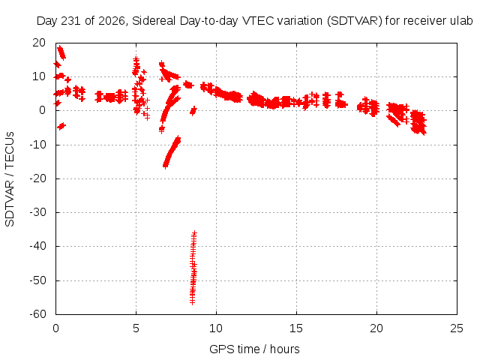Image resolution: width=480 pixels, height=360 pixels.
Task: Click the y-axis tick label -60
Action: (x=37, y=314)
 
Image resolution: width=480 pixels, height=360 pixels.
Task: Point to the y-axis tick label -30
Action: (x=37, y=212)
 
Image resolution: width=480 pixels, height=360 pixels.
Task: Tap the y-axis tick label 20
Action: (x=39, y=43)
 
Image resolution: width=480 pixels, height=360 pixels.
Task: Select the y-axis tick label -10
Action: (x=37, y=145)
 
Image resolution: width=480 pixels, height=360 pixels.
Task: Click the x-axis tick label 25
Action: (x=457, y=328)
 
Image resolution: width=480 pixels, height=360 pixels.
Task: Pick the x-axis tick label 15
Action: (x=296, y=328)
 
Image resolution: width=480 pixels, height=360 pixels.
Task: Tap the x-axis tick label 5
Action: (x=136, y=328)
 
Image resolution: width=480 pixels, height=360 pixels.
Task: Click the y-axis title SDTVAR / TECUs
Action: (x=10, y=179)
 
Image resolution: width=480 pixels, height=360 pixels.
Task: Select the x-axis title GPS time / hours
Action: (x=254, y=349)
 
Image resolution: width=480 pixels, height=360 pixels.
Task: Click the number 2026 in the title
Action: (x=112, y=21)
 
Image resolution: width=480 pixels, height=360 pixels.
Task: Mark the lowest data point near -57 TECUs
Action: (x=192, y=302)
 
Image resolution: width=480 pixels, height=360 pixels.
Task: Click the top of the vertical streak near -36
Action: (x=194, y=233)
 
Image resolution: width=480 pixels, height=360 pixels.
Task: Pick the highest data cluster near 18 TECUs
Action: (x=61, y=52)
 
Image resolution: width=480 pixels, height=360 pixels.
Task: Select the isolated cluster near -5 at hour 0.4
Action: (x=61, y=126)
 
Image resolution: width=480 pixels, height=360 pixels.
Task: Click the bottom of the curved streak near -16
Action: (x=165, y=166)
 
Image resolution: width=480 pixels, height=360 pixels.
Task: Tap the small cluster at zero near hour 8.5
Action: (x=193, y=110)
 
